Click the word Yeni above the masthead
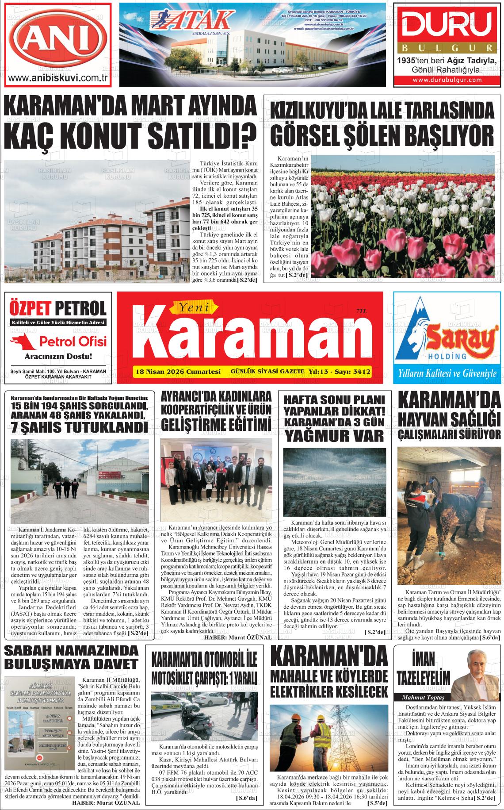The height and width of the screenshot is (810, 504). [x=193, y=306]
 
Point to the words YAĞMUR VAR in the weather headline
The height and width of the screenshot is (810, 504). [x=334, y=436]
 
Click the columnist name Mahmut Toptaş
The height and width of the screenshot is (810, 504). [x=420, y=698]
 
